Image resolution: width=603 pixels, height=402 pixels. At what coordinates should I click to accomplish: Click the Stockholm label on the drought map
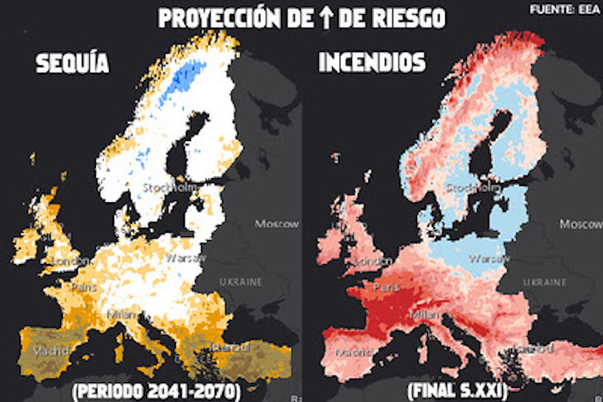(171, 187)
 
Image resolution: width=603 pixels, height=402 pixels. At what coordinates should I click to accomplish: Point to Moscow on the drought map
(276, 225)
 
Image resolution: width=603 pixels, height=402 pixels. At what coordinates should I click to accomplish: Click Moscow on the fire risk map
(581, 225)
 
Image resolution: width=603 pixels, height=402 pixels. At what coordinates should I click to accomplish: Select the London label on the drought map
(70, 262)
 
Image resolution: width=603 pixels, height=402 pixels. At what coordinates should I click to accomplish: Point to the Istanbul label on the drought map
(225, 347)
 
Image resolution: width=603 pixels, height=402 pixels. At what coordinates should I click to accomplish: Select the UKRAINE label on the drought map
(240, 281)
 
